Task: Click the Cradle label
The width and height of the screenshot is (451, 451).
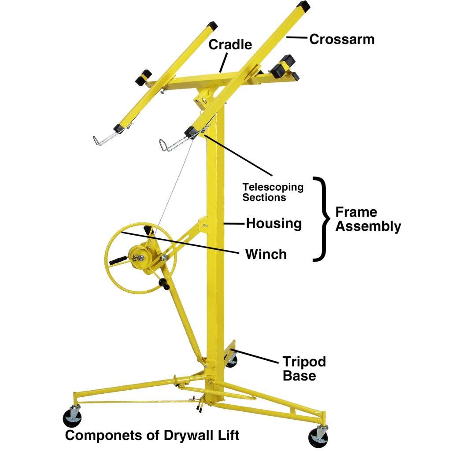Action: coord(230,44)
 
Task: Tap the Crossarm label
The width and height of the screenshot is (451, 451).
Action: coord(342,39)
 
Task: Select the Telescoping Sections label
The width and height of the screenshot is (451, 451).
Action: coord(273,192)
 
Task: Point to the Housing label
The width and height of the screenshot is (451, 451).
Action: coord(274,223)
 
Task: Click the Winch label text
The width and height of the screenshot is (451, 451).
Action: coord(266,254)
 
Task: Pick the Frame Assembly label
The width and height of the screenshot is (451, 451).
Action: coord(368,219)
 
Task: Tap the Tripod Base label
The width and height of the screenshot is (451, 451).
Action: coord(304,369)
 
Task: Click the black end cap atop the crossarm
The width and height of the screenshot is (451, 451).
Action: coord(303,6)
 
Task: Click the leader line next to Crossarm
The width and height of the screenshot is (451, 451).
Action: coord(296,38)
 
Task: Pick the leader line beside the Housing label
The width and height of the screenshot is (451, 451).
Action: coord(235,224)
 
